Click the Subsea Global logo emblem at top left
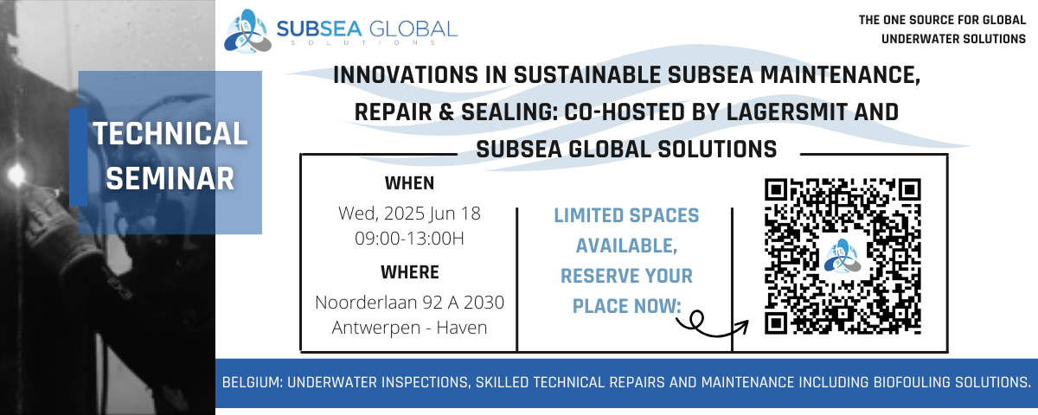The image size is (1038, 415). point(248,31)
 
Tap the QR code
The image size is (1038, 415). point(843,256)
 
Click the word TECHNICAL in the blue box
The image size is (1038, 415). point(170,133)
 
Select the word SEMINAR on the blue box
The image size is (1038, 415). point(170,179)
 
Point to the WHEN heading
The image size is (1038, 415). point(410,183)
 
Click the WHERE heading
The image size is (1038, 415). point(410,272)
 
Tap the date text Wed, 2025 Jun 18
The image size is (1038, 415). point(410,214)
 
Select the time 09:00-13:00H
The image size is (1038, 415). point(410,239)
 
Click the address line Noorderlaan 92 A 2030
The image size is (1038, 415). point(410,303)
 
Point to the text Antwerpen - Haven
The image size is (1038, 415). point(410,328)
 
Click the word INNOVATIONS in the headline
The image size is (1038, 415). point(406,75)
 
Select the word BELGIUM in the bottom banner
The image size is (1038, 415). point(252,382)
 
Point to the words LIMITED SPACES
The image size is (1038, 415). point(626,216)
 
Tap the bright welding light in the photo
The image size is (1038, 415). point(16,175)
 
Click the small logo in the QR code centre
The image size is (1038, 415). point(843,256)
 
